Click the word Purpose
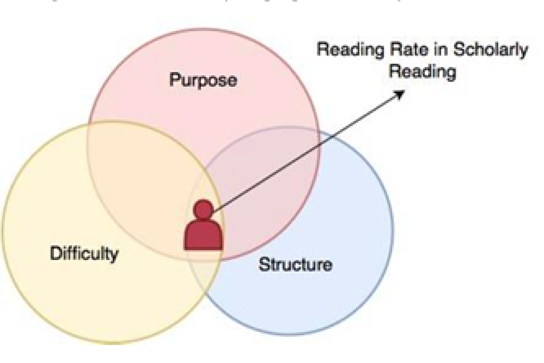(203, 80)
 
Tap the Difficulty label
(84, 253)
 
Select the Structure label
(295, 264)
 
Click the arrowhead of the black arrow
(400, 94)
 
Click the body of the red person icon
(203, 236)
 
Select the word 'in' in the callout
(440, 50)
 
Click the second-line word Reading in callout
(422, 72)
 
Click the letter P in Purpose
(173, 80)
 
